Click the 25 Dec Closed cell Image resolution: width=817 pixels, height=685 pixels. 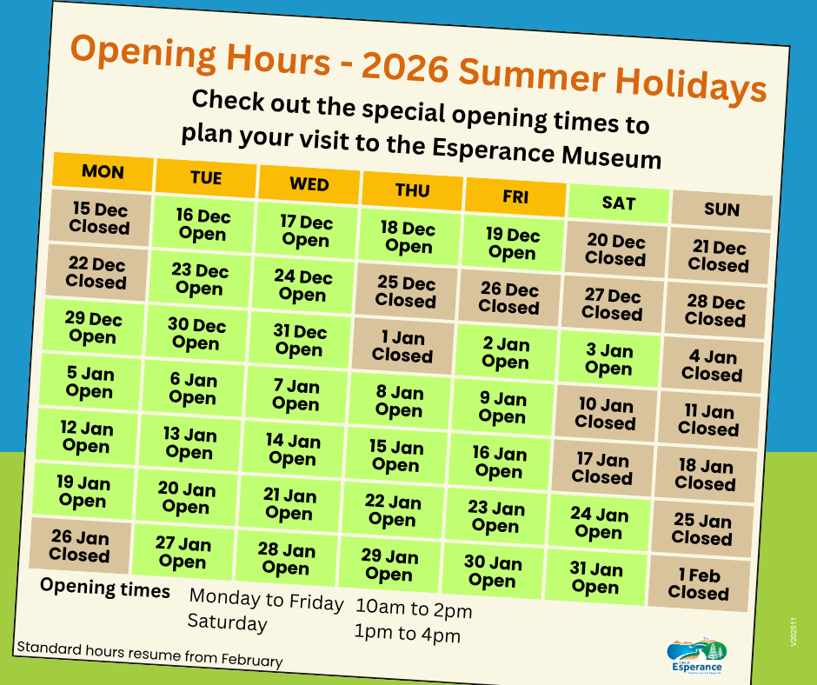click(407, 292)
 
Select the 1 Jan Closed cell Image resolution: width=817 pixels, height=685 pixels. click(403, 347)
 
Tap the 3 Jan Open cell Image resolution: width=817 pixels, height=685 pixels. click(609, 359)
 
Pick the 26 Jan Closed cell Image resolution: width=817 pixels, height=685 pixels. click(80, 545)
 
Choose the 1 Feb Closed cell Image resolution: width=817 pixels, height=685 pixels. click(700, 584)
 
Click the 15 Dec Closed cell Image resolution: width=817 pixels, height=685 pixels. click(100, 217)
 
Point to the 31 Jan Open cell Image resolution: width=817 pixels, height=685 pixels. click(596, 577)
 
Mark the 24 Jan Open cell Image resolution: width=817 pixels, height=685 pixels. click(599, 522)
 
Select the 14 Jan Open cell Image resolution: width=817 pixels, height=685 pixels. click(294, 450)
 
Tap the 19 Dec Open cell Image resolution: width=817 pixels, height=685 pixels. click(513, 243)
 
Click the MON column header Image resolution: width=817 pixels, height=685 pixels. click(103, 172)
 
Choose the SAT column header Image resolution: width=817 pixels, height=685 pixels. click(619, 203)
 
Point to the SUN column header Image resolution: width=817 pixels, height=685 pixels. click(721, 209)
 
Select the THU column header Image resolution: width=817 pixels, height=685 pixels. click(412, 190)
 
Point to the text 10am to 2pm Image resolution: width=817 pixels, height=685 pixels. click(414, 609)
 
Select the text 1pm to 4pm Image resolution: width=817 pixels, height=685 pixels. click(408, 634)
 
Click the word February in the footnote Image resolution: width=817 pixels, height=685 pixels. click(252, 660)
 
